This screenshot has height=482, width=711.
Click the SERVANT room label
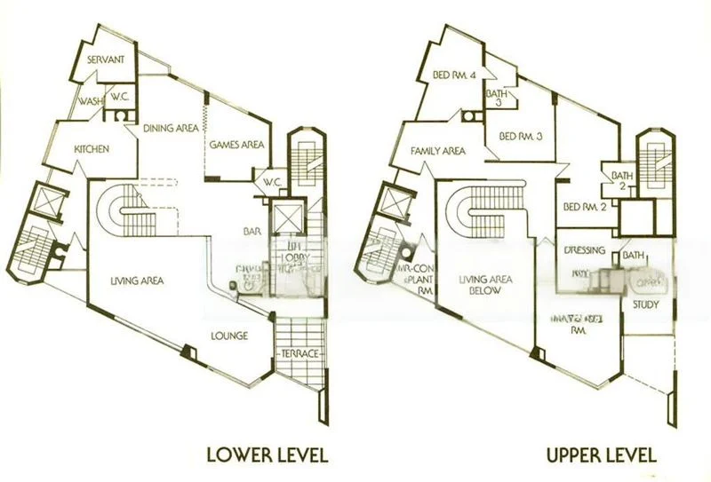click(x=104, y=59)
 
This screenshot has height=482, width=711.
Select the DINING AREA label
click(x=172, y=129)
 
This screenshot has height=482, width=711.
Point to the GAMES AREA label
click(x=234, y=144)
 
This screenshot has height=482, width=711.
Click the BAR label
click(x=250, y=233)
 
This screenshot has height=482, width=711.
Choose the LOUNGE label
click(x=228, y=336)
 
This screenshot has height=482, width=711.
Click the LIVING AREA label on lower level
click(x=136, y=281)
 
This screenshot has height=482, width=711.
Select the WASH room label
click(x=87, y=101)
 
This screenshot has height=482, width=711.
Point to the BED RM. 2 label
click(x=585, y=208)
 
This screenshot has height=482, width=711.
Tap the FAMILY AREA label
click(x=438, y=151)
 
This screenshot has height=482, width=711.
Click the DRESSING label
click(x=585, y=251)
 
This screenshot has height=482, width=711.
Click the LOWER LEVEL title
click(x=267, y=456)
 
